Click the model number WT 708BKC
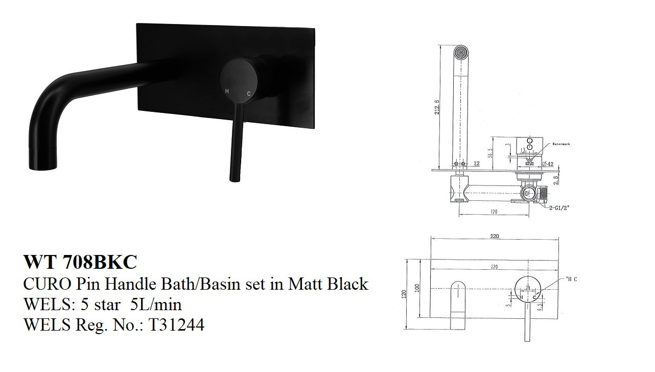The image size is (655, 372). tap(80, 262)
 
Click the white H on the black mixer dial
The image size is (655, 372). tap(227, 92)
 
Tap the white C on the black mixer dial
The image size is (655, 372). tap(249, 94)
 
